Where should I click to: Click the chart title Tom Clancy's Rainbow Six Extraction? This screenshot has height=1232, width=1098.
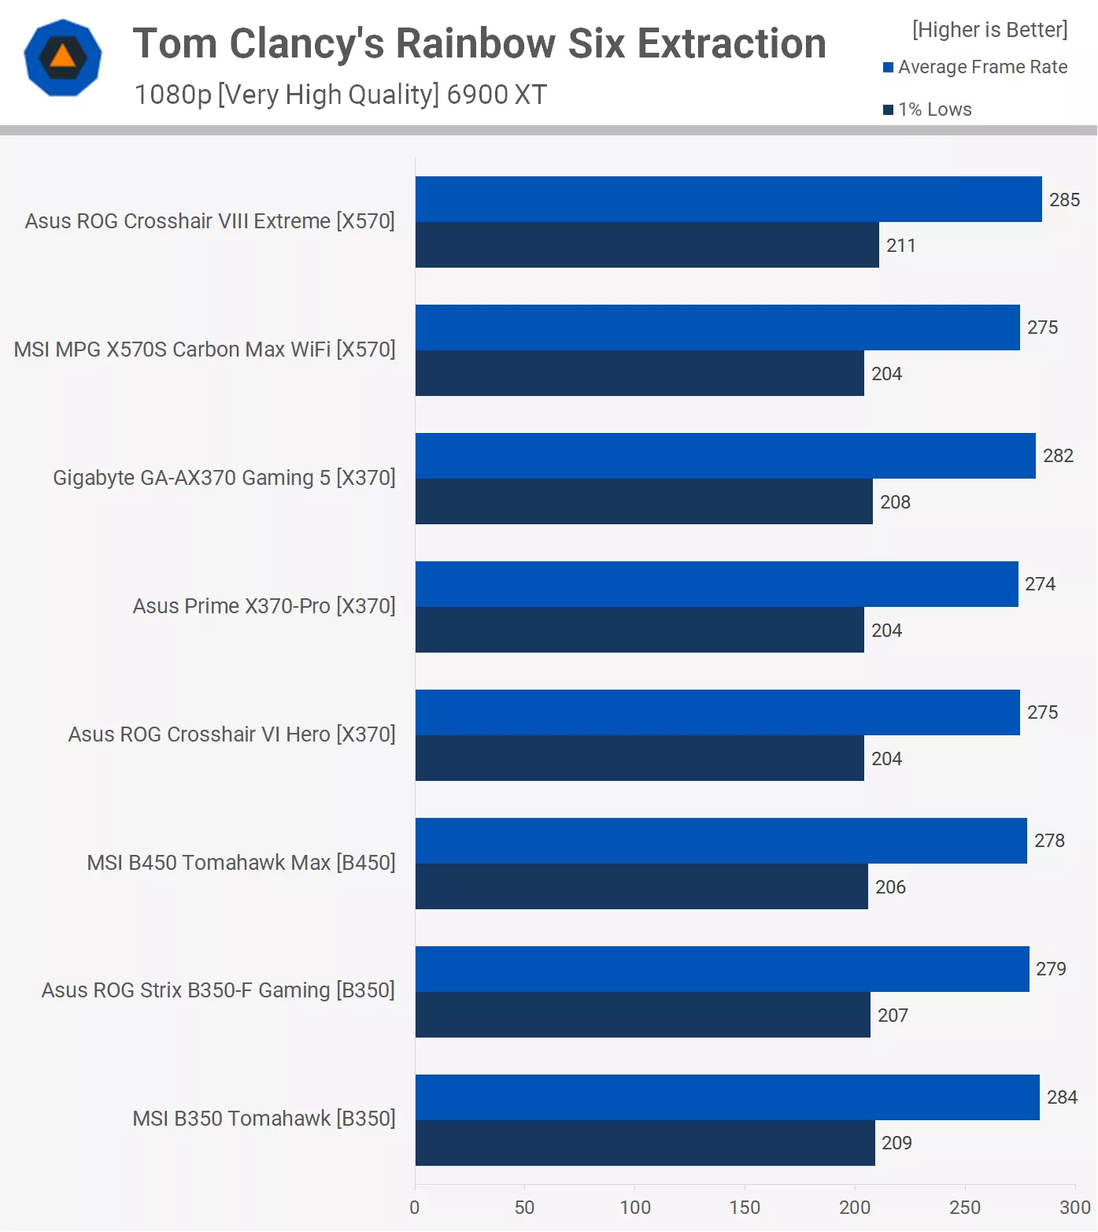(x=479, y=44)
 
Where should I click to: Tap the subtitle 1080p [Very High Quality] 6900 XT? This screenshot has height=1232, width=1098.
(x=340, y=94)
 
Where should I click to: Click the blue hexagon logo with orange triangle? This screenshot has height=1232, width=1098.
(x=63, y=58)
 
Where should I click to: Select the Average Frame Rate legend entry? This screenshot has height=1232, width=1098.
(x=976, y=68)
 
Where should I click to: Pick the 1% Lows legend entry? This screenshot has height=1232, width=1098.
(x=929, y=110)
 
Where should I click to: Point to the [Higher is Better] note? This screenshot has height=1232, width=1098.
(x=989, y=30)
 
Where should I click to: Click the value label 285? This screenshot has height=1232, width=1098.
(x=1064, y=200)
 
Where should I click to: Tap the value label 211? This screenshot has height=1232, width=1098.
(x=900, y=246)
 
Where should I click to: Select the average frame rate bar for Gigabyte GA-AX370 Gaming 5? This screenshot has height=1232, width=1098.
(x=725, y=456)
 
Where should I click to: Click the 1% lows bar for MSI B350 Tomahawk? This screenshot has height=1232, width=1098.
(x=645, y=1143)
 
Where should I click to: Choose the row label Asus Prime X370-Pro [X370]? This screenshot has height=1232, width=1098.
(x=264, y=606)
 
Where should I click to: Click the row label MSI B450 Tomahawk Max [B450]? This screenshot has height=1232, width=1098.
(x=241, y=863)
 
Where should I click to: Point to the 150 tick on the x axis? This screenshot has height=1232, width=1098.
(x=745, y=1208)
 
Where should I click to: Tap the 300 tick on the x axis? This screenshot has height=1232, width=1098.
(x=1074, y=1208)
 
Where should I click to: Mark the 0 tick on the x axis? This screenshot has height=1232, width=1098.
(x=415, y=1208)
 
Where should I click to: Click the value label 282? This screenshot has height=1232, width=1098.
(x=1058, y=456)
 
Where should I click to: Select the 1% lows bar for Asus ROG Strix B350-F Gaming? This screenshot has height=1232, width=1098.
(x=642, y=1015)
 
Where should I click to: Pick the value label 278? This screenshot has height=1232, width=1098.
(x=1049, y=841)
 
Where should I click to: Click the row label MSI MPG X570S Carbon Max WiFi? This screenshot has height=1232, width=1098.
(x=205, y=350)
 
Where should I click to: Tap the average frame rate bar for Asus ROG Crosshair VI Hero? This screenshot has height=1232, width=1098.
(x=717, y=712)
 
